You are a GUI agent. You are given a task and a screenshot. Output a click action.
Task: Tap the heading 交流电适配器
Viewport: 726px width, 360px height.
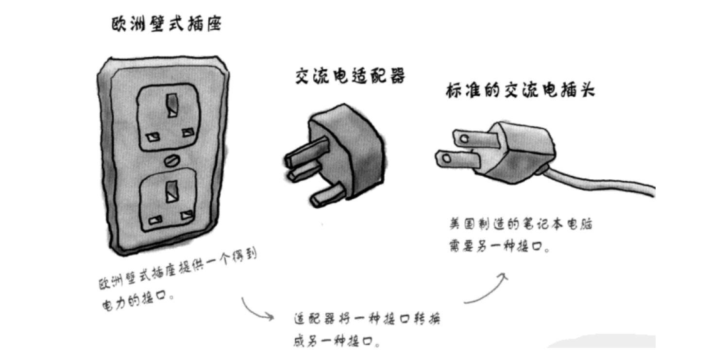[x=350, y=76]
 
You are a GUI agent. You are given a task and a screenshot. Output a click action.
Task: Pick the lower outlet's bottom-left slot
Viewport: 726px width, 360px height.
[x=154, y=221]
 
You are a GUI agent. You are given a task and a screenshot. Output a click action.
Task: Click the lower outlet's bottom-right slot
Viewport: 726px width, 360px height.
[x=186, y=215]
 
